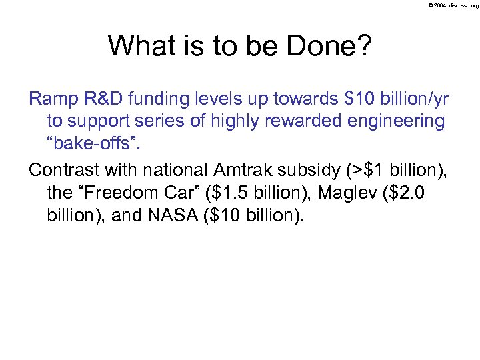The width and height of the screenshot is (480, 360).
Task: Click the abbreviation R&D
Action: coord(107,101)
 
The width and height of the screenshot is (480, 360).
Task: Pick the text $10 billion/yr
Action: coord(395,101)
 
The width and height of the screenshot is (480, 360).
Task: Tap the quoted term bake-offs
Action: coord(85,143)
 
